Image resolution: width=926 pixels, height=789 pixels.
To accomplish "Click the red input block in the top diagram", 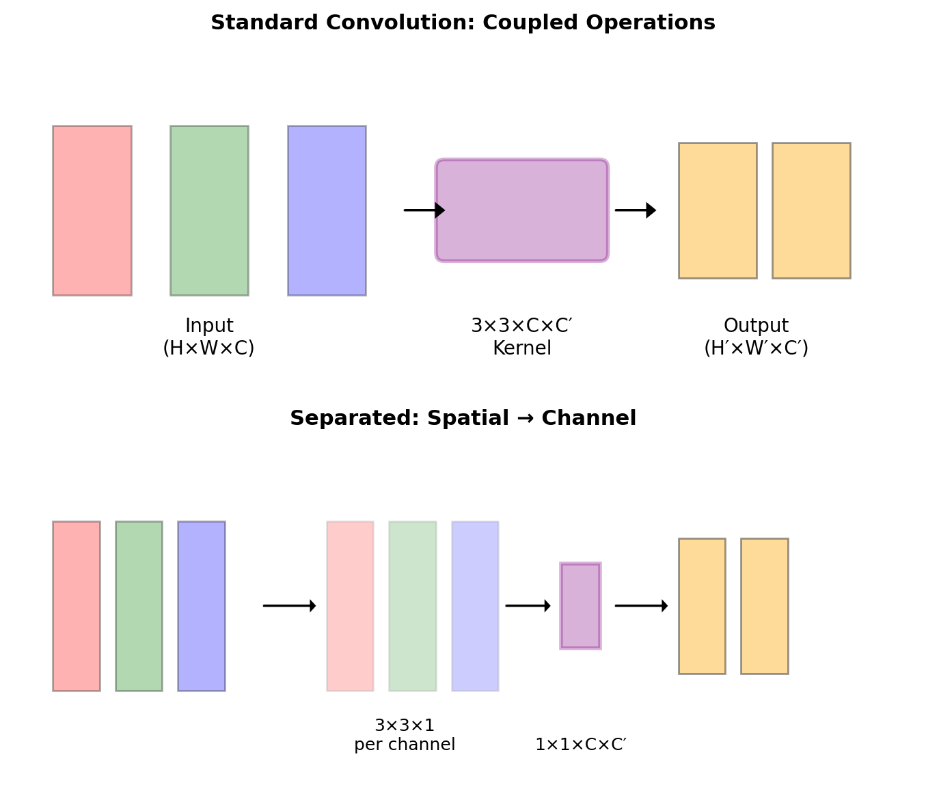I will click(92, 210).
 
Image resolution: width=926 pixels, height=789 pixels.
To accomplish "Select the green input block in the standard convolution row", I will click(209, 210).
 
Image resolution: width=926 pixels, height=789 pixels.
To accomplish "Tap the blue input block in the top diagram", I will click(327, 210).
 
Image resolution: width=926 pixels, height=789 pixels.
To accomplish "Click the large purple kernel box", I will click(522, 210).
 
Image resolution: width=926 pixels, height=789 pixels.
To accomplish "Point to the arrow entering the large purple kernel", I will click(424, 210).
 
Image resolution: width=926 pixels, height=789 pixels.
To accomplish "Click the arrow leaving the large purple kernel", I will click(635, 210).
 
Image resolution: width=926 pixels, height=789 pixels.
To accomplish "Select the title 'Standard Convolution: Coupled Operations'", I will click(463, 23).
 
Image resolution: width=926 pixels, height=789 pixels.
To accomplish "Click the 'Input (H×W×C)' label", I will click(209, 337).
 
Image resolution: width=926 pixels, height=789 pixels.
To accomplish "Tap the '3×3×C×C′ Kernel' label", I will click(522, 337).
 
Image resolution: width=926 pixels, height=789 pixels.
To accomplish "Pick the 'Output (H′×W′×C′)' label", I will click(756, 337).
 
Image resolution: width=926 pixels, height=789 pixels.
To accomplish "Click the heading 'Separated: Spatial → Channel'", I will click(463, 418).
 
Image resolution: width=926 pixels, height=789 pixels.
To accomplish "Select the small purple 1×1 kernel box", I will click(580, 606).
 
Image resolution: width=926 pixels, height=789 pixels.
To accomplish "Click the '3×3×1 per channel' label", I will click(405, 735).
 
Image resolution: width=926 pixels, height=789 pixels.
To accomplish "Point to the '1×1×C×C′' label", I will click(580, 745).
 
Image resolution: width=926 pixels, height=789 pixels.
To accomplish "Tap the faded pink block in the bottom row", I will click(350, 606).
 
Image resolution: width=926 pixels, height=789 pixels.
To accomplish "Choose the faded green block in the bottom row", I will click(413, 606).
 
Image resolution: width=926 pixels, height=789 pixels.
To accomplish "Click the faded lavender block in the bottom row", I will click(475, 606).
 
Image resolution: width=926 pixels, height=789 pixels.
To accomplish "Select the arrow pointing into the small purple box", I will click(528, 606).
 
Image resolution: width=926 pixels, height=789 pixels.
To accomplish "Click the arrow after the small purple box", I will click(640, 606).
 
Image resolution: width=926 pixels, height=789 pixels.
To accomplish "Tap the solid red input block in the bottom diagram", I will click(77, 606).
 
